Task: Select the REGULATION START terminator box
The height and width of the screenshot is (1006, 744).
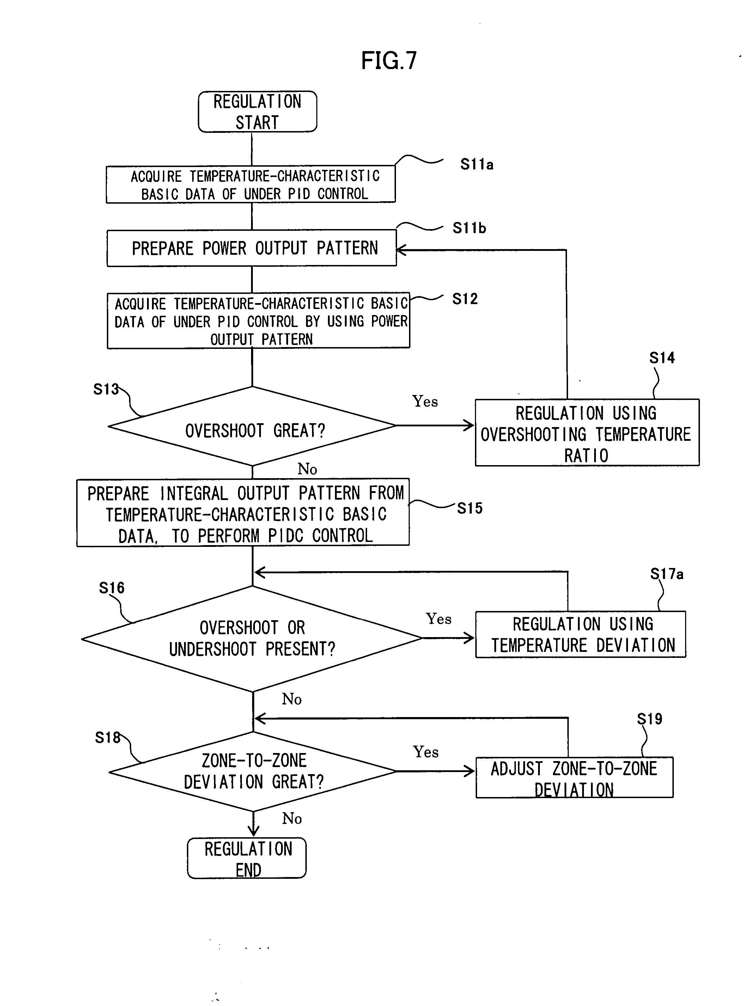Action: [257, 112]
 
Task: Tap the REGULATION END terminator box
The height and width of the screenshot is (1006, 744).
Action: [247, 858]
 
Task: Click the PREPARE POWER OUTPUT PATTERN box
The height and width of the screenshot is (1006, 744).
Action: [252, 248]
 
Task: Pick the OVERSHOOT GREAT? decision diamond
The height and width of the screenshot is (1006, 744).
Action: [252, 426]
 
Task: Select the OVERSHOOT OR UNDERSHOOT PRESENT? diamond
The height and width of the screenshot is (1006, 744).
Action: [252, 638]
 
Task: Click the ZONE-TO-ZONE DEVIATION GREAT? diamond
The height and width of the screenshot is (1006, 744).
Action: [253, 771]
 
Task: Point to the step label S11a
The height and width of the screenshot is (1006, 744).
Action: [476, 164]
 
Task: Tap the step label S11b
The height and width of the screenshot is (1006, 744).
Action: [469, 228]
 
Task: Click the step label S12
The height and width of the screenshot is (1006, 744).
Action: [465, 299]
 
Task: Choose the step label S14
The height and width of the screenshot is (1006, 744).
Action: [661, 358]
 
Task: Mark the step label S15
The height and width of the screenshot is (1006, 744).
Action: [470, 508]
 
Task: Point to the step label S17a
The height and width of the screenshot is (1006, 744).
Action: [666, 574]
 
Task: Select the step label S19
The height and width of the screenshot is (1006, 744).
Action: [650, 719]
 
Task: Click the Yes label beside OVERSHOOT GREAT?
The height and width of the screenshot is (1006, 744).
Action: [425, 401]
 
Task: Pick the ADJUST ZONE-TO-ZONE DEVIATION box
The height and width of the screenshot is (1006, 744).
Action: [574, 778]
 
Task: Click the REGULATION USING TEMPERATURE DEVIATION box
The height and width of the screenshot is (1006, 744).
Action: [580, 634]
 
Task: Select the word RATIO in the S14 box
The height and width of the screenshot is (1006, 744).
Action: [586, 456]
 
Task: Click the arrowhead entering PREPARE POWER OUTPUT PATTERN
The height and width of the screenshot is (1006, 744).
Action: [400, 250]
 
